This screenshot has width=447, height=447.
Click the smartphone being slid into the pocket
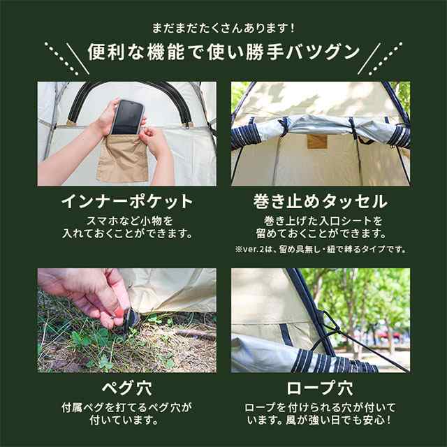[127, 117]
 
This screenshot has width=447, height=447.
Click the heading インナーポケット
[127, 202]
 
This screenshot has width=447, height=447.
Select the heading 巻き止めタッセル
[321, 202]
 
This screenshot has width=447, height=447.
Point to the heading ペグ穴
[127, 388]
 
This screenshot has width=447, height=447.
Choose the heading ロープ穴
[320, 388]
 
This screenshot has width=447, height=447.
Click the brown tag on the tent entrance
[317, 142]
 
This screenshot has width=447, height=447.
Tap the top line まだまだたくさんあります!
[223, 28]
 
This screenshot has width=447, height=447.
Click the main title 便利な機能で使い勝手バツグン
[223, 52]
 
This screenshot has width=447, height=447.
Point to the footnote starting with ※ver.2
[321, 249]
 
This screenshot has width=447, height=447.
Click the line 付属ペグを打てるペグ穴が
[127, 408]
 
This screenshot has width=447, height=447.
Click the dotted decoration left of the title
[61, 59]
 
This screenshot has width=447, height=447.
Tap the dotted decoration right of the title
[386, 59]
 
